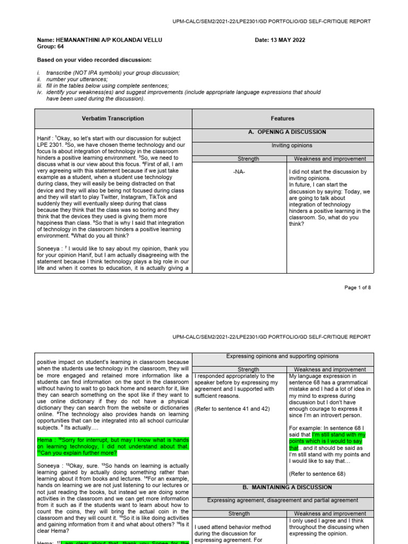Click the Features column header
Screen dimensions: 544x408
tap(282, 118)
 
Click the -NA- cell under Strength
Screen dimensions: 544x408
tap(238, 172)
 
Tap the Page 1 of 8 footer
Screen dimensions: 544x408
tap(357, 287)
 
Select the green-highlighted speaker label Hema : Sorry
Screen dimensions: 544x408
tap(45, 440)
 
